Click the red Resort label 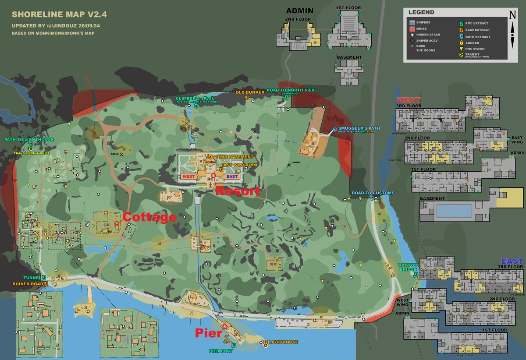(238, 191)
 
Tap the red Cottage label (149, 217)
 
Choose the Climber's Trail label (195, 99)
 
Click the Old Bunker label (250, 92)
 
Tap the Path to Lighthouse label (29, 140)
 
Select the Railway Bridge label (408, 267)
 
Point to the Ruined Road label (28, 284)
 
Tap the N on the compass (512, 14)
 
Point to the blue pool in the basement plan (454, 211)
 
